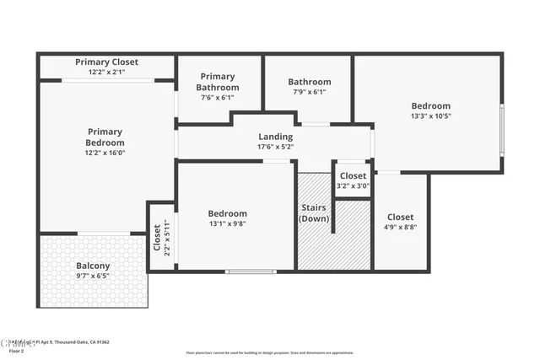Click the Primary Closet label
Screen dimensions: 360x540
point(106,62)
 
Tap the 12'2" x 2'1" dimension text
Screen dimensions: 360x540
point(106,73)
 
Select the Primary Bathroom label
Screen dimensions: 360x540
point(218,82)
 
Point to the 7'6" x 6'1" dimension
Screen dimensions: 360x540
point(218,98)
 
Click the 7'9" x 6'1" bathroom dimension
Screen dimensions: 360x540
point(309,92)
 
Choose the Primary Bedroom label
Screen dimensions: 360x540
point(105,137)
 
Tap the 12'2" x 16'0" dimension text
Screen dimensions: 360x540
point(105,153)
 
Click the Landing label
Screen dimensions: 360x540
point(275,137)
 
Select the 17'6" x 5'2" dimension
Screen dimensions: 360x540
point(275,147)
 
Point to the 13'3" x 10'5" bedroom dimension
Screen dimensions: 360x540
point(430,116)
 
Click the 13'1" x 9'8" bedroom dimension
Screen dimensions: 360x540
point(228,224)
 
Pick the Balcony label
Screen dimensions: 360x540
point(93,266)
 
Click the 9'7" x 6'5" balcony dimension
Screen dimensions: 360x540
point(93,276)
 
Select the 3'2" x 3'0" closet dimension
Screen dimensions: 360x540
point(353,186)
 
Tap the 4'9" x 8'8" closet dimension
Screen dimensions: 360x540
point(401,227)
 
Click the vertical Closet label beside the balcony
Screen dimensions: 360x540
point(157,238)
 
